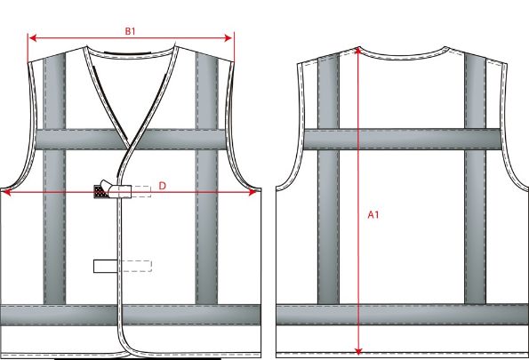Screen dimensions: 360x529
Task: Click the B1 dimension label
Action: coord(130,31)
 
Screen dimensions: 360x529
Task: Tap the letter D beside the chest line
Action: coord(163,185)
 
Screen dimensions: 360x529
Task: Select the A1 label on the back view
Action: coord(374,213)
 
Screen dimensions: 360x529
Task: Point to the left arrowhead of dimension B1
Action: coord(32,37)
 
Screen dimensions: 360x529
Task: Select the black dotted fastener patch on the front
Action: coord(100,190)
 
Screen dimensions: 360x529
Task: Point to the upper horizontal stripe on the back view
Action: coord(402,138)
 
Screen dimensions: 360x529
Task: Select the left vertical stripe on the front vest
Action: coord(54,222)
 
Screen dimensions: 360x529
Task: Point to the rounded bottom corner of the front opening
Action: coord(125,347)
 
